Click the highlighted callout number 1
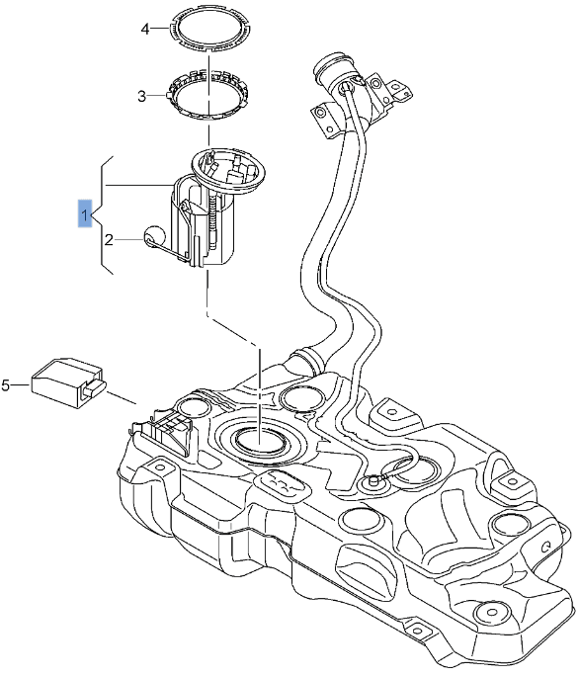pyautogui.click(x=87, y=213)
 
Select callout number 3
pyautogui.click(x=141, y=96)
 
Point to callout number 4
pyautogui.click(x=144, y=30)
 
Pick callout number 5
pyautogui.click(x=6, y=385)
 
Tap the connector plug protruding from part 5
pyautogui.click(x=96, y=388)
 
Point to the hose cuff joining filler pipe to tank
pyautogui.click(x=309, y=357)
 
